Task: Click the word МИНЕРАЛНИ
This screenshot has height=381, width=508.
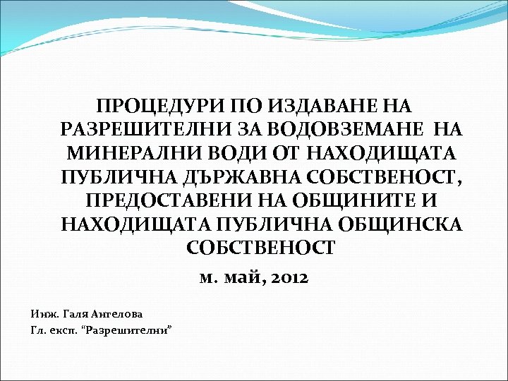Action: [x=132, y=153]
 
